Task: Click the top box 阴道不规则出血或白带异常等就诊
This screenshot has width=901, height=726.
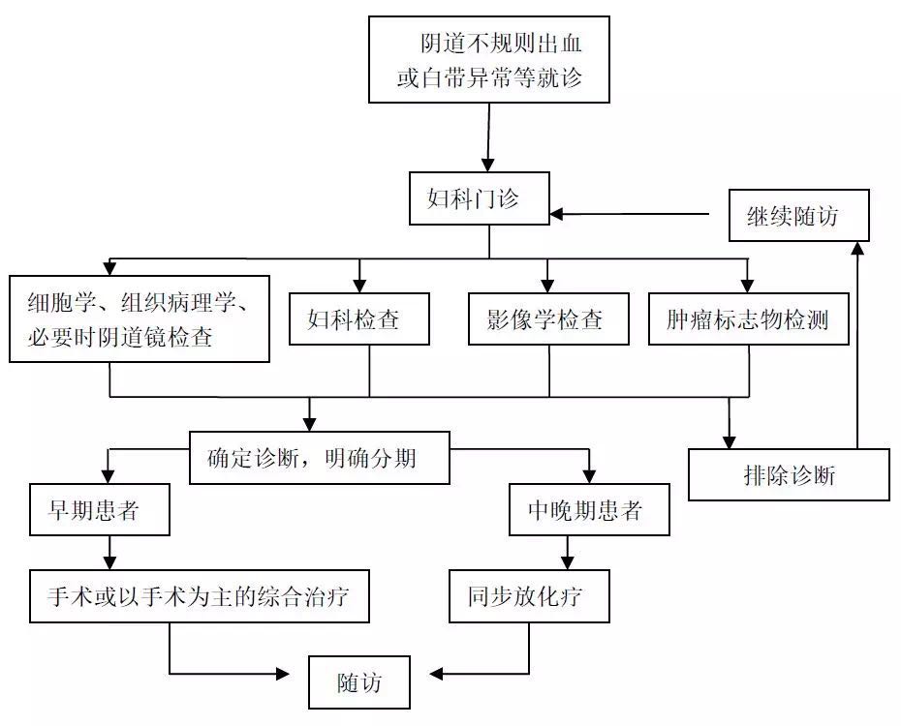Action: (x=489, y=59)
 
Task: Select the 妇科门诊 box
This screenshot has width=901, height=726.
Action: (x=480, y=199)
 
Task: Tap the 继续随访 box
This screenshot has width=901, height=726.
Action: (x=799, y=215)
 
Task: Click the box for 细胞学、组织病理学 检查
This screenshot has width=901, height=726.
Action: (x=140, y=318)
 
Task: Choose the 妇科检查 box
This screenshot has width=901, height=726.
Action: (x=359, y=318)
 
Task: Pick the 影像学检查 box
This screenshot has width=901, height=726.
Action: (x=548, y=318)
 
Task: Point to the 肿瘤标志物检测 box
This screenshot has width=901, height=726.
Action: (x=749, y=318)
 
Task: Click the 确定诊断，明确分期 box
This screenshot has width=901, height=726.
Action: (x=319, y=457)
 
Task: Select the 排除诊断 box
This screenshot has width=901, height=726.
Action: (x=789, y=473)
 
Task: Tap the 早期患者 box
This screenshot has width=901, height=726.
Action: (x=100, y=509)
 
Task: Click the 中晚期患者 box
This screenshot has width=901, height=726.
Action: (x=589, y=509)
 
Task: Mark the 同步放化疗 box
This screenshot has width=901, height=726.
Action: (x=530, y=595)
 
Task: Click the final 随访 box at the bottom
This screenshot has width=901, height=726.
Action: (x=359, y=681)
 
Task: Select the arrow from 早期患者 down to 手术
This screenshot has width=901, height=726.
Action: (x=109, y=553)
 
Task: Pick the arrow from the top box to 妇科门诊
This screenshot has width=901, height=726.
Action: (x=489, y=136)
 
